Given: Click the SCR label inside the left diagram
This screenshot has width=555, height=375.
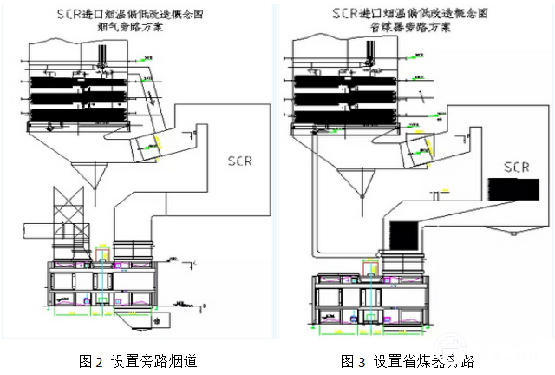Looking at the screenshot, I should click(x=241, y=161).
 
